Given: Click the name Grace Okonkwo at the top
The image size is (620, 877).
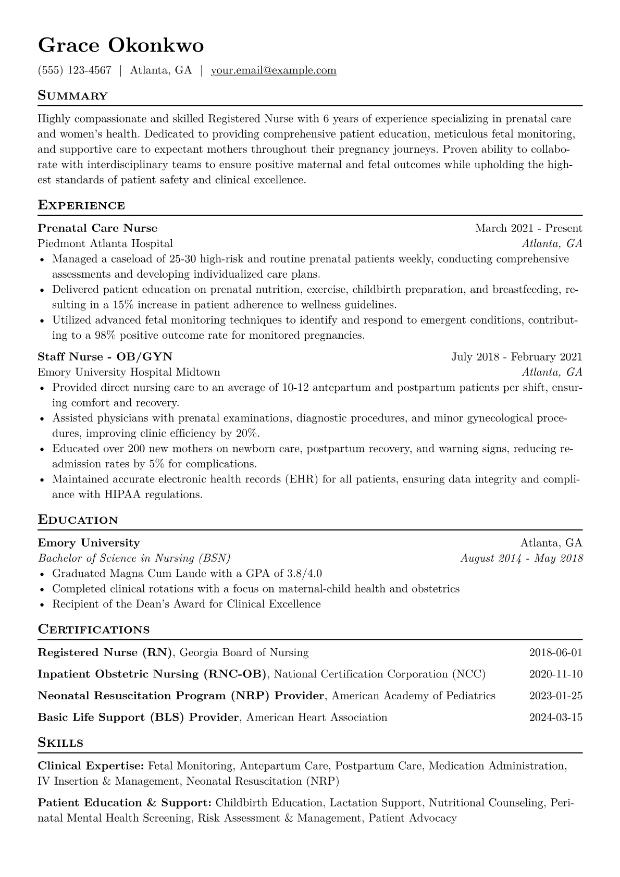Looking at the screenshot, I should coord(121,46).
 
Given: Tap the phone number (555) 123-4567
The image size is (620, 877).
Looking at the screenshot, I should coord(75,70).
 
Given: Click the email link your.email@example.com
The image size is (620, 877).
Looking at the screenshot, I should coord(273,70).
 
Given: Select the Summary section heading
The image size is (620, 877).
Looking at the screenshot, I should coord(73,96).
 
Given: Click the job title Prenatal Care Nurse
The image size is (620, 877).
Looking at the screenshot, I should coord(97,228).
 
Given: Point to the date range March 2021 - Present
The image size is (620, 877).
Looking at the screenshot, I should coord(528,228).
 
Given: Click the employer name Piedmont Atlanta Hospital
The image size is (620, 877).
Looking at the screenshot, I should coord(105,243).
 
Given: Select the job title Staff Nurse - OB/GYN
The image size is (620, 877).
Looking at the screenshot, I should coord(105,357).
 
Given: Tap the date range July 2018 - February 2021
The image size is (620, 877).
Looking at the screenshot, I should coord(516,357).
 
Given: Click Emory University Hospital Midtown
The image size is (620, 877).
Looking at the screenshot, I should coord(129,372).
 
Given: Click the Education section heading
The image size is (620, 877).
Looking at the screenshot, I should coord(78,520).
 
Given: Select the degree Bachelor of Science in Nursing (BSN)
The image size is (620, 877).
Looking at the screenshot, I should coord(134,558).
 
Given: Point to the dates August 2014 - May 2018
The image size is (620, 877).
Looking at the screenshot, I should coord(522,558).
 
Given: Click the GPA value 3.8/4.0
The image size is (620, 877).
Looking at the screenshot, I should coord(304,574).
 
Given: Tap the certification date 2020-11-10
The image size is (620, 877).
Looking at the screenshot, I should coord(555,674).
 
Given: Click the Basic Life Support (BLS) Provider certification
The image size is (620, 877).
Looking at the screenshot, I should coord(138,718).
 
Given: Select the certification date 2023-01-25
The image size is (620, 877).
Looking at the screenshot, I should coord(555,696).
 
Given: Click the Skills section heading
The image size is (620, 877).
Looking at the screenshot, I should coord(60,743).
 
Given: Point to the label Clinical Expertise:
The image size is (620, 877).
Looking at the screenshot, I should coord(91,766).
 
